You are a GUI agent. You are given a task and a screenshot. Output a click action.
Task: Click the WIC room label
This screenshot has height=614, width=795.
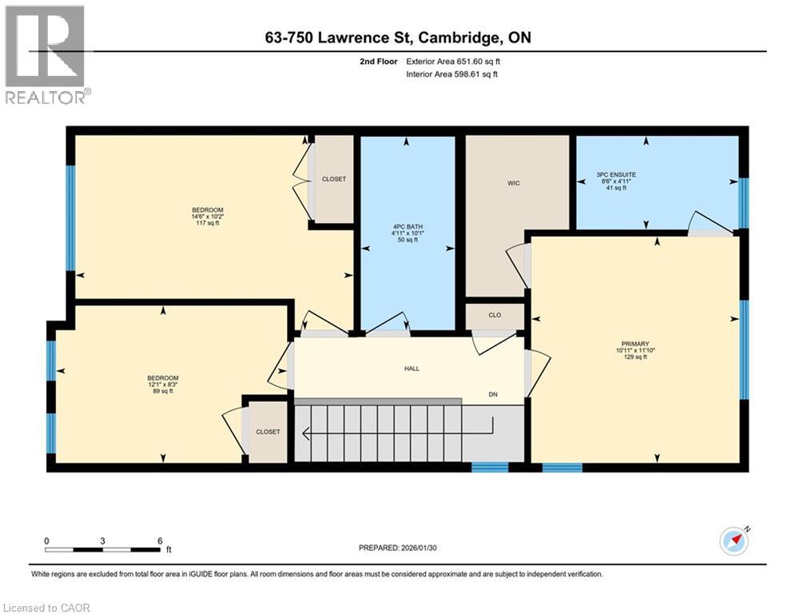point(514,183)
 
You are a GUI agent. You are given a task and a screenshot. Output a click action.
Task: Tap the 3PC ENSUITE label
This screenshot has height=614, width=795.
point(616,174)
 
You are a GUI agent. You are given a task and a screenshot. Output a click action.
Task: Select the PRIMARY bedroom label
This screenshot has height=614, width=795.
point(634,344)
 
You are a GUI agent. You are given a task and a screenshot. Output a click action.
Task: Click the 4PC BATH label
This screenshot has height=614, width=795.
point(407,227)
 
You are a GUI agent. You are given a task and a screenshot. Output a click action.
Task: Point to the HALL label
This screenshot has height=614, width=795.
point(411,369)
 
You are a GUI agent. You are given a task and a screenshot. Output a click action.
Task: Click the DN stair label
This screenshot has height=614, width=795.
point(493,394)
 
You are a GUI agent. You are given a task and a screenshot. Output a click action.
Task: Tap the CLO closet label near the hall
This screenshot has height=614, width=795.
point(495,315)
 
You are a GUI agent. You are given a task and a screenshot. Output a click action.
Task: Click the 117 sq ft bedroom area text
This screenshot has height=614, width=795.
point(208,223)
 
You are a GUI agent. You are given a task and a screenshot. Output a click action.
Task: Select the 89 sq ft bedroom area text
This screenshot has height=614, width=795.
point(163,391)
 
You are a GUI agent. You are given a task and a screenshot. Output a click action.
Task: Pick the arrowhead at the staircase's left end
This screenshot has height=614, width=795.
point(306,433)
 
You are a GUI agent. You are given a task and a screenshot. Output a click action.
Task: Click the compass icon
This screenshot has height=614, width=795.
point(734,541)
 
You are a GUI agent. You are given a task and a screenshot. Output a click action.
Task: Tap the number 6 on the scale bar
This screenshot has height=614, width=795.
point(160,541)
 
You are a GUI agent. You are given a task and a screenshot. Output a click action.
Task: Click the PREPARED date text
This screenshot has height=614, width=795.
point(398,548)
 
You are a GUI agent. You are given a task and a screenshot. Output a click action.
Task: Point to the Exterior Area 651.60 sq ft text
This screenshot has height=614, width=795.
point(453,62)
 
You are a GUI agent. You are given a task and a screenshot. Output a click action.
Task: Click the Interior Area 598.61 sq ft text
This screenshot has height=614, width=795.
point(451,74)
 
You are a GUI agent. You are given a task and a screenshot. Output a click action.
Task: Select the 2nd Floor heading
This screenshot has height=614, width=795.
point(379,62)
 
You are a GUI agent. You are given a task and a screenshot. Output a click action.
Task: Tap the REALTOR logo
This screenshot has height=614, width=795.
point(46,55)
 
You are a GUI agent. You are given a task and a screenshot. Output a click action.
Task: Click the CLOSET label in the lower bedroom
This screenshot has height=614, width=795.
point(268,432)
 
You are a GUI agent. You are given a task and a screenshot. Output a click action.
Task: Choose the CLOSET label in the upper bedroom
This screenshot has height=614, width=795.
point(334,179)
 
